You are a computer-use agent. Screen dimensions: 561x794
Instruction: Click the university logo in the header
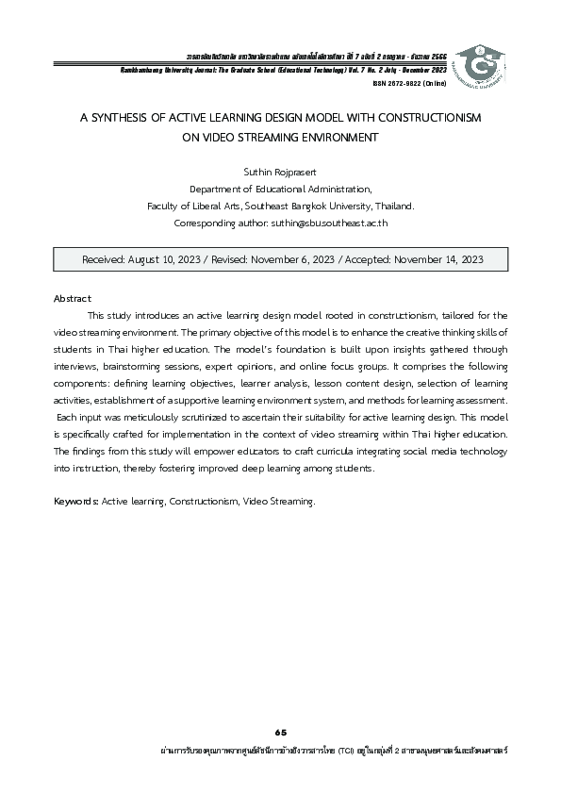point(481,63)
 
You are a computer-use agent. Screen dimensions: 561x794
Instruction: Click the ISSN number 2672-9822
point(404,83)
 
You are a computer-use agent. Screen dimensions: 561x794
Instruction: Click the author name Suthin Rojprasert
point(280,173)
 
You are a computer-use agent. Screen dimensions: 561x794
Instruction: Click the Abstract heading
point(72,298)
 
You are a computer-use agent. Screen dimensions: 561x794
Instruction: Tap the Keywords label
point(75,502)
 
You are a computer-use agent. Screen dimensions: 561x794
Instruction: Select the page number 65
point(280,732)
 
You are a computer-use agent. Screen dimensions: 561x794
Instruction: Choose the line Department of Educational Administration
point(280,190)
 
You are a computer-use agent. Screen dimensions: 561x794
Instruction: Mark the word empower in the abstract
point(219,452)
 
